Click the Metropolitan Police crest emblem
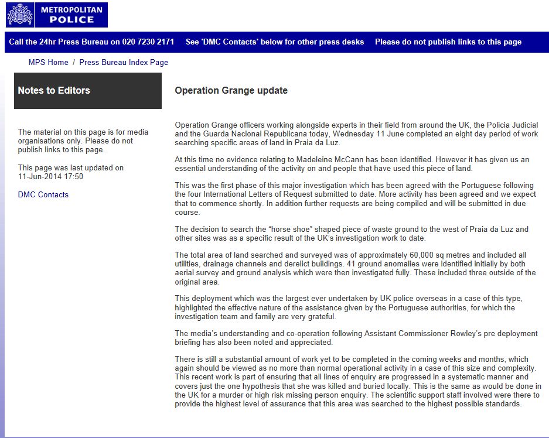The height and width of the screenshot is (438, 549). click(x=19, y=15)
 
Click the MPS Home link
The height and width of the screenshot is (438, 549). click(x=48, y=62)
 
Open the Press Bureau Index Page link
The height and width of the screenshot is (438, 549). click(x=124, y=62)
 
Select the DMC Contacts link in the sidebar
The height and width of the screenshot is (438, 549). click(x=43, y=194)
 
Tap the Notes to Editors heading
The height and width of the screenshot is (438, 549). click(x=54, y=90)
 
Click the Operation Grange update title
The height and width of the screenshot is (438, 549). click(x=231, y=90)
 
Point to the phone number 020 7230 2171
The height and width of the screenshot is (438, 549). click(x=148, y=42)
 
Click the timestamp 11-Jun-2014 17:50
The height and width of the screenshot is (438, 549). click(x=50, y=176)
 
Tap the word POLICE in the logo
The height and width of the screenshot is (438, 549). click(x=71, y=19)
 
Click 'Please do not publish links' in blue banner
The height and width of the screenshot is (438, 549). click(x=448, y=42)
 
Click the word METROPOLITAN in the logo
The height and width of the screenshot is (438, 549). click(x=71, y=9)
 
